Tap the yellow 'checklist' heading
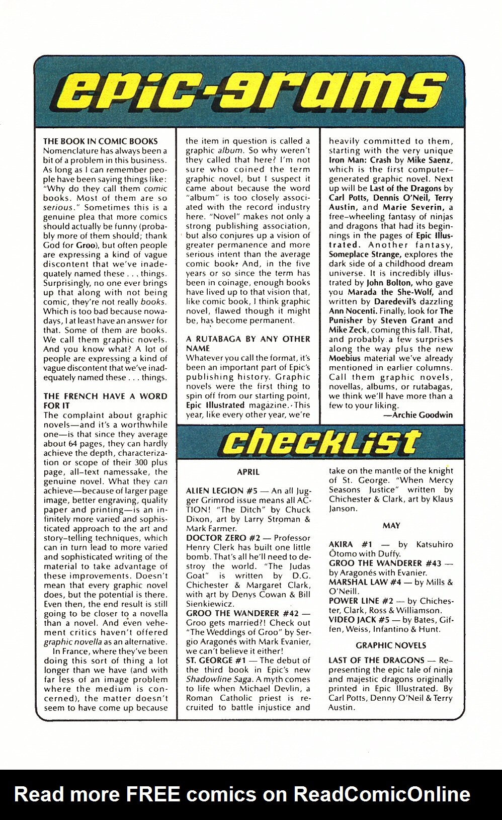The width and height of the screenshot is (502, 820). tap(320, 442)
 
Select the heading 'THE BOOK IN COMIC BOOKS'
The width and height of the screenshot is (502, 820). tap(101, 141)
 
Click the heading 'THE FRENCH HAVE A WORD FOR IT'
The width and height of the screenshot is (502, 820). tap(105, 400)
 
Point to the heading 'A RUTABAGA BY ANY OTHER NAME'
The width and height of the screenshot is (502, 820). tap(247, 344)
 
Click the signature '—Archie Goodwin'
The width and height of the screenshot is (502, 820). tap(417, 415)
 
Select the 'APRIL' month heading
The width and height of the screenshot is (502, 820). tap(248, 472)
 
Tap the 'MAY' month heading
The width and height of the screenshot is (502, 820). tap(391, 525)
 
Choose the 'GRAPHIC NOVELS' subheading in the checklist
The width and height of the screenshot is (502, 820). tap(391, 645)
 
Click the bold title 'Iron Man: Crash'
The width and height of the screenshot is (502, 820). tap(360, 160)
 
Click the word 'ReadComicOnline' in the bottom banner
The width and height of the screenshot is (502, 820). tap(382, 794)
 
